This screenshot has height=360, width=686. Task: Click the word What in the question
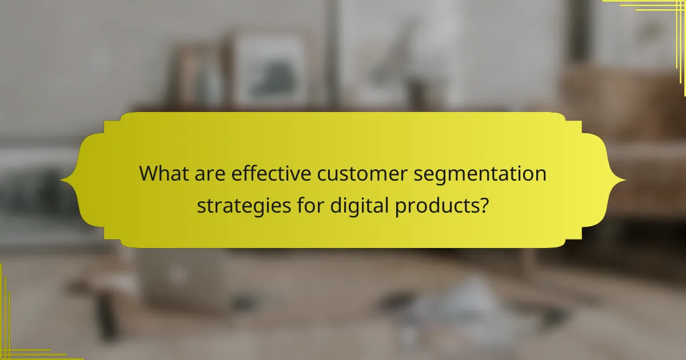(x=163, y=173)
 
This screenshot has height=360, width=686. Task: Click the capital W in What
(x=150, y=173)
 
